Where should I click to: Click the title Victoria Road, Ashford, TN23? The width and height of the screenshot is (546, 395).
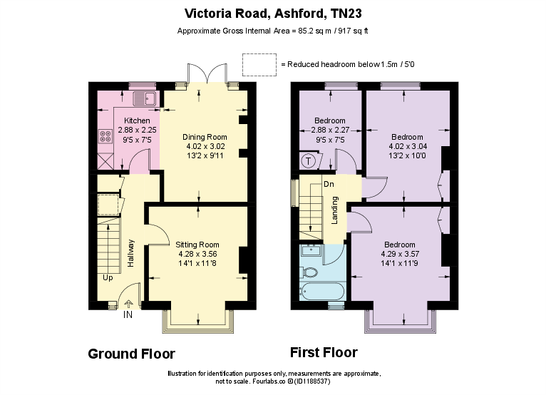pos(272,13)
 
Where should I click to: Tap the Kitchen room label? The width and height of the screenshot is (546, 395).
pos(137,120)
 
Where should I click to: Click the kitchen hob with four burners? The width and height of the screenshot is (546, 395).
pos(104,135)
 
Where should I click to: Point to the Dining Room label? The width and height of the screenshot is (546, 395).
pos(205,137)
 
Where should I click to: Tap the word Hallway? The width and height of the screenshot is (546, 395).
pos(130,252)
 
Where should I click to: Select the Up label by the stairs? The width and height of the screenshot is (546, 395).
pos(107,277)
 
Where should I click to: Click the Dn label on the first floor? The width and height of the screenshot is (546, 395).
pos(329,184)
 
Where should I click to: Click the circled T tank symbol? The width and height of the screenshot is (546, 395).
pos(308,160)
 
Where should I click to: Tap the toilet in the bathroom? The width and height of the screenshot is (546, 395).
pos(310,272)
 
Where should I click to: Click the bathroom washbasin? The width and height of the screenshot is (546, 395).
pos(310,250)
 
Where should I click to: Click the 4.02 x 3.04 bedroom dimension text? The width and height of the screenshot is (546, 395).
pos(407,146)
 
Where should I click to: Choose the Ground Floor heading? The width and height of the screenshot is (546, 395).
pos(131,354)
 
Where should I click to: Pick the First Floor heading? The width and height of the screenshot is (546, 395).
pos(324,352)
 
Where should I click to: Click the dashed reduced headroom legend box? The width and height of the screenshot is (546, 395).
pos(259,64)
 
